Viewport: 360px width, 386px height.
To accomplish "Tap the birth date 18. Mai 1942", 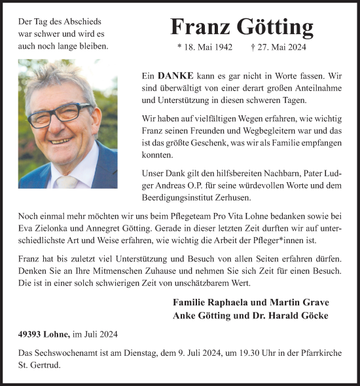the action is click(x=209, y=48).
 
